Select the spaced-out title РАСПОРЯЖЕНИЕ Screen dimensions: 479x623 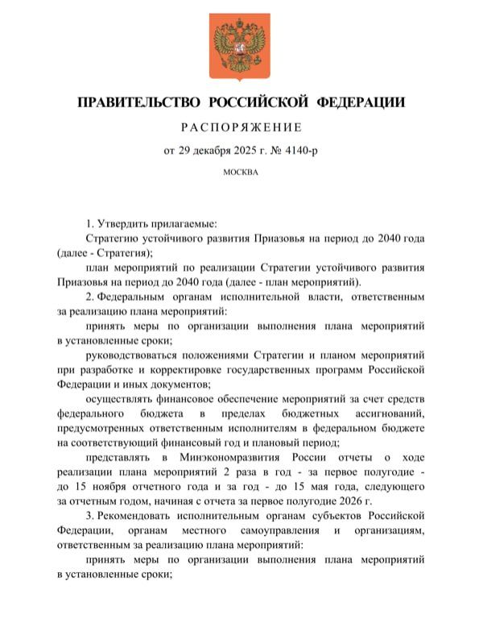click(239, 127)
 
